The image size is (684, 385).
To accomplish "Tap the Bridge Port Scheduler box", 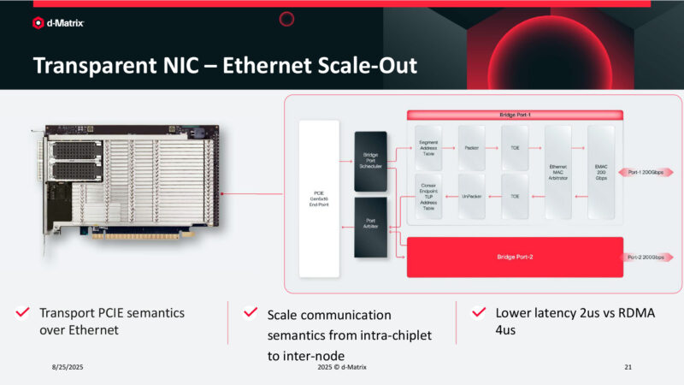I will (370, 160).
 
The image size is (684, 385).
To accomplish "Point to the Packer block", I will (471, 147).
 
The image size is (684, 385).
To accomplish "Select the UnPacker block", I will (471, 196).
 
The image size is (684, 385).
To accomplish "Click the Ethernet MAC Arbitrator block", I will (557, 170).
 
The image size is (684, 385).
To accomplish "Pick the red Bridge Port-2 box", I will (514, 257).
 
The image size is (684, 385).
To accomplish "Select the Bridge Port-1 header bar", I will (515, 114).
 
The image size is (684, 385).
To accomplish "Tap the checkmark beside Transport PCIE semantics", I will (23, 313).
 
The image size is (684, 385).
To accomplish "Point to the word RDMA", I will (628, 313).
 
